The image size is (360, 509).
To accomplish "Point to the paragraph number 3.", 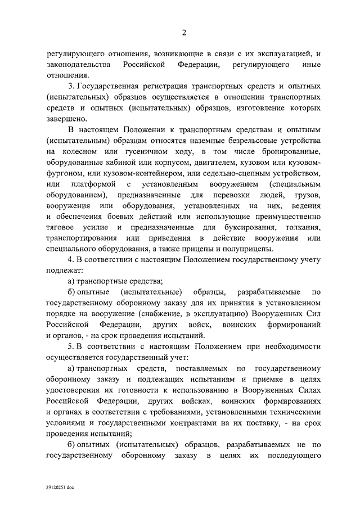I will coord(70,87).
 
